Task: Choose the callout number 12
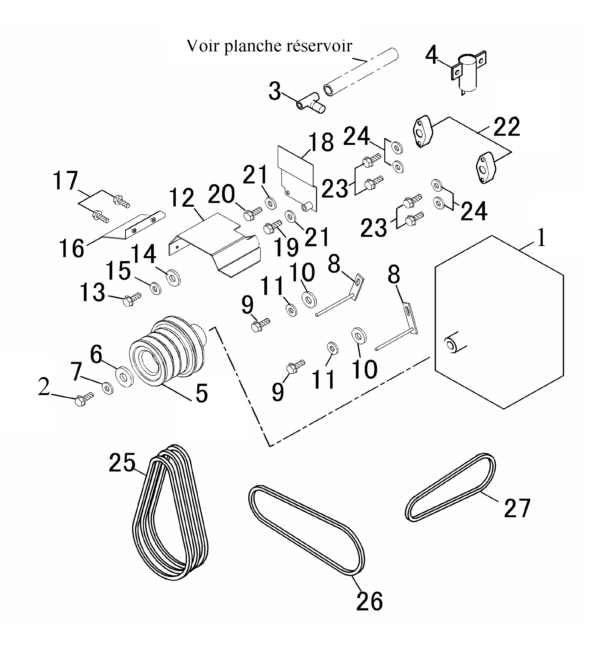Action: coord(182,198)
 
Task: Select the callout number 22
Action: coord(506,127)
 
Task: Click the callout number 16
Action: coord(71,248)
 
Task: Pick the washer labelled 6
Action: coord(124,377)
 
